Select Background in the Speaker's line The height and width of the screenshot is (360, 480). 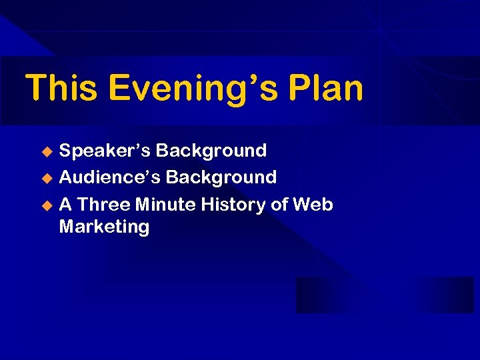click(x=212, y=151)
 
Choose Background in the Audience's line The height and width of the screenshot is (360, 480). click(x=221, y=177)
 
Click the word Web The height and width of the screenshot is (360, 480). click(x=313, y=205)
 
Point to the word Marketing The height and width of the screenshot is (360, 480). click(x=104, y=227)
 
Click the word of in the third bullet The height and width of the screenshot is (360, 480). click(x=279, y=205)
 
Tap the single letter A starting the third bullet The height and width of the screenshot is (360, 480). click(x=65, y=205)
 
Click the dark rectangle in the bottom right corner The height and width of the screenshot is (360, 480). click(x=385, y=295)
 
